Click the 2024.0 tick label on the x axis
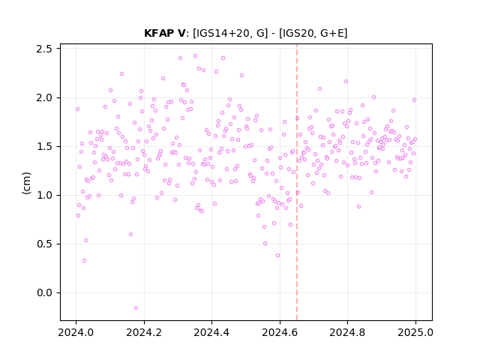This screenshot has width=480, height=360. click(76, 332)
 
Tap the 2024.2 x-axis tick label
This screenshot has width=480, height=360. click(144, 332)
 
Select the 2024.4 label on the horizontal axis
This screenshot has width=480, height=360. click(211, 332)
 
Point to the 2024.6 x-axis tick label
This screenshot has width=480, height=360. click(280, 332)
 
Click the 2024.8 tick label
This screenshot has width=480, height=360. click(347, 332)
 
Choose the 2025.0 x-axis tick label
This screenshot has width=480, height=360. click(415, 332)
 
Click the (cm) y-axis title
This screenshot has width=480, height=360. click(27, 183)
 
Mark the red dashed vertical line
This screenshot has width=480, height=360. click(297, 182)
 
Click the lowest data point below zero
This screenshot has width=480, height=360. click(136, 308)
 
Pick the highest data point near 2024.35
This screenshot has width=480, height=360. click(195, 56)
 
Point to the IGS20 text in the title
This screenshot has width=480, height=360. click(297, 33)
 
